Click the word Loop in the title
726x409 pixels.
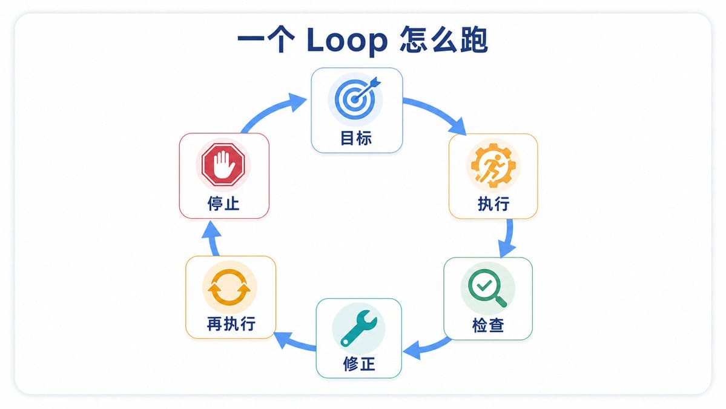coord(347,41)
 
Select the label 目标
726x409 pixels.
coord(356,138)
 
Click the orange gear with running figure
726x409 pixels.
coord(493,165)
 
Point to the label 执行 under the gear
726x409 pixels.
coord(493,204)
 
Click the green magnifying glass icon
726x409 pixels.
coord(487,288)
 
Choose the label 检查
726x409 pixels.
coord(488,325)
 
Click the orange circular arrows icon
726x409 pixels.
coord(229,287)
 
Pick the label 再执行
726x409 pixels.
coord(231,324)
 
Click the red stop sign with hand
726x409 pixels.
coord(223,164)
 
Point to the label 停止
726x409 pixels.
coord(223,204)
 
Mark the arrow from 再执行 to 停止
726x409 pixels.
coord(213,238)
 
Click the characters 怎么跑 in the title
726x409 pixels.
coord(444,40)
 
